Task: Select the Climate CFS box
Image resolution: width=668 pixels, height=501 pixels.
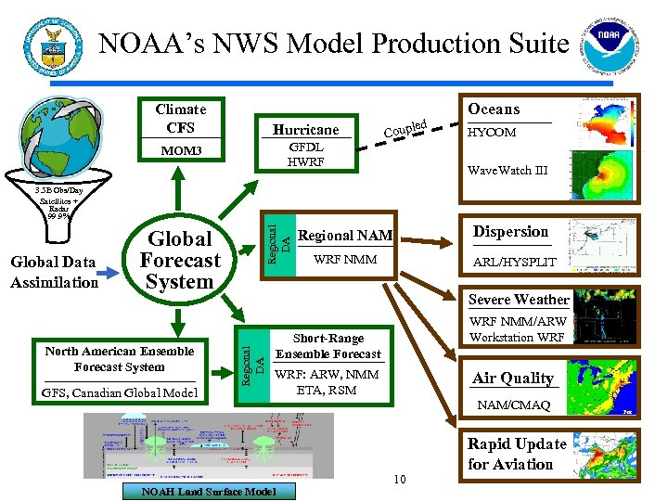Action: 181,118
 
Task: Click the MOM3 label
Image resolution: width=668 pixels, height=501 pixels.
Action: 181,150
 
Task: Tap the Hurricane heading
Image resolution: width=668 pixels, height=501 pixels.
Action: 305,129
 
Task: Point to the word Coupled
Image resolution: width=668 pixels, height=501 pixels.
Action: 405,131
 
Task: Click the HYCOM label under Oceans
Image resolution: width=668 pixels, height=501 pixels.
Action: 492,133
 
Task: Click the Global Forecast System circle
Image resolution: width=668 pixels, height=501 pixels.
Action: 180,261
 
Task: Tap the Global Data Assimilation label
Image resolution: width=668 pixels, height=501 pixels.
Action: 54,273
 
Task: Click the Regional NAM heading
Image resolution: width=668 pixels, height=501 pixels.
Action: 345,236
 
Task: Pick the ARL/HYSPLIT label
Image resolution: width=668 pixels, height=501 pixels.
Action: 514,262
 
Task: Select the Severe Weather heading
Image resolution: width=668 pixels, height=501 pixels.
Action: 519,300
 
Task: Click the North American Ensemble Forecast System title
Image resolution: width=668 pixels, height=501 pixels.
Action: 120,358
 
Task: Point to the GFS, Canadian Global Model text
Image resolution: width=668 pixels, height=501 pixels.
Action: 120,393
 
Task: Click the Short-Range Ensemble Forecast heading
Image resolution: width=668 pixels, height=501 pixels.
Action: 328,346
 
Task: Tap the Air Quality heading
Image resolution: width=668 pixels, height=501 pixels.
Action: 512,378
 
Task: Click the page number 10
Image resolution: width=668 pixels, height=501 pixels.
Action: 399,479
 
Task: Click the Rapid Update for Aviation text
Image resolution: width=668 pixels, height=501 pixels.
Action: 517,454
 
